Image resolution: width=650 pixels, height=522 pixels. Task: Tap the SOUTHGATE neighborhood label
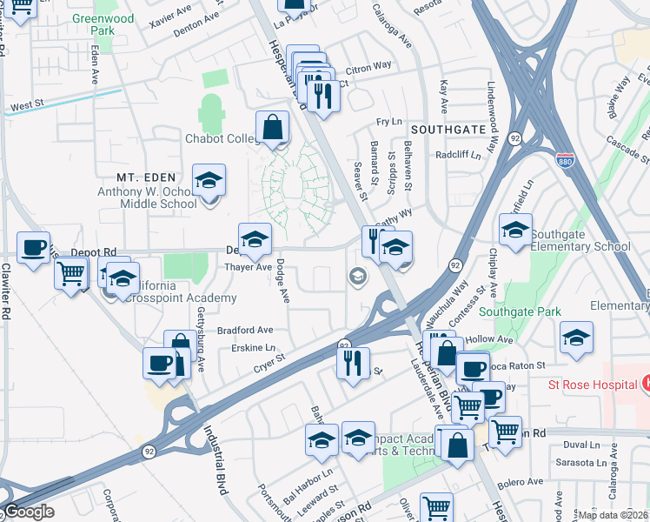(x=448, y=128)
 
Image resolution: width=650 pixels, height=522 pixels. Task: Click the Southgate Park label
(x=521, y=311)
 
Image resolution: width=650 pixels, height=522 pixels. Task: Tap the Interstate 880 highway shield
(x=566, y=159)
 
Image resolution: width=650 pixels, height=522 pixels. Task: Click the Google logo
(x=29, y=512)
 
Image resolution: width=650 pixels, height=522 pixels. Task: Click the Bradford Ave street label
(x=245, y=331)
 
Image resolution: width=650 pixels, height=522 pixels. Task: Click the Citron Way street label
(x=369, y=67)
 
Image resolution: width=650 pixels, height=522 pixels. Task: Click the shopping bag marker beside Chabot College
(x=273, y=127)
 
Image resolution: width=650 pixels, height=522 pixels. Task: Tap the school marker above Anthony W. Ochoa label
(x=209, y=180)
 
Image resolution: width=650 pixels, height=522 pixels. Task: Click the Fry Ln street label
(x=389, y=122)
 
